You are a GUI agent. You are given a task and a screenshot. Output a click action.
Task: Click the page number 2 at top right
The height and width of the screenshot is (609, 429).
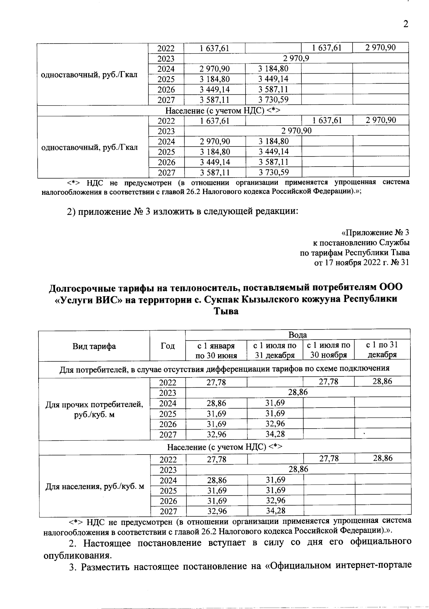[x=405, y=24]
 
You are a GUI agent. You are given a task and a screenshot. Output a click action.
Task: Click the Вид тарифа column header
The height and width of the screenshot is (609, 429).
[x=94, y=346]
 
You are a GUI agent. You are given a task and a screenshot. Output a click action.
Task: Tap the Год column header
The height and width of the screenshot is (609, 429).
[x=168, y=346]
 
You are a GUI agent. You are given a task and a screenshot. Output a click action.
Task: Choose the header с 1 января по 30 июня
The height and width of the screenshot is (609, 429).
[x=216, y=350]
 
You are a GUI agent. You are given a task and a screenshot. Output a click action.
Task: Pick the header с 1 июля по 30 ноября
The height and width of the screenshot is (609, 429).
[x=329, y=350]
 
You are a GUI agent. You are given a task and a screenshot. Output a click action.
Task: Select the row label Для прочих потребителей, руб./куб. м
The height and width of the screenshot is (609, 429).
[x=94, y=409]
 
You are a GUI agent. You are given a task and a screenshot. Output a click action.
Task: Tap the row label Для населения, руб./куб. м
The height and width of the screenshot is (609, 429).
[x=95, y=486]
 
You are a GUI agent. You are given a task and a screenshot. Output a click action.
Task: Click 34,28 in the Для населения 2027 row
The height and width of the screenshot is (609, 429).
[x=275, y=511]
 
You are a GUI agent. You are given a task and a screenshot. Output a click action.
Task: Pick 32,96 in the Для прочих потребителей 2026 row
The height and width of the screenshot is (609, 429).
[x=275, y=424]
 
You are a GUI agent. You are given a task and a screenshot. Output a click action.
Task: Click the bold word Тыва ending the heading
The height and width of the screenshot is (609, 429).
[x=226, y=311]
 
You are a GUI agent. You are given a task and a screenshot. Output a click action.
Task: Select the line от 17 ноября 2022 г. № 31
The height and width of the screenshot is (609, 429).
[x=361, y=263]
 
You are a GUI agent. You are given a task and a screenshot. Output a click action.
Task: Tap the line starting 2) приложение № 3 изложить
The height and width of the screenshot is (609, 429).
[x=182, y=211]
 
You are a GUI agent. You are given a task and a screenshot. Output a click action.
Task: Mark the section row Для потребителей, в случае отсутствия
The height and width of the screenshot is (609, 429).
[x=225, y=368]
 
